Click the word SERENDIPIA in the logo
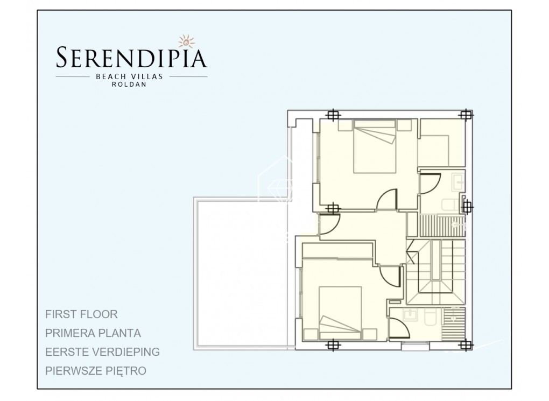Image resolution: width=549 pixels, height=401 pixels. (x=132, y=58)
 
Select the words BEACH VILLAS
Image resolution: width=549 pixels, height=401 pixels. (x=132, y=76)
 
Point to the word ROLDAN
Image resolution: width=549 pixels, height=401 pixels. (x=132, y=85)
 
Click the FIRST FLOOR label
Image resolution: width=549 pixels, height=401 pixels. (x=82, y=314)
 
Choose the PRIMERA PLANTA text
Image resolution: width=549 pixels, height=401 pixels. (x=94, y=333)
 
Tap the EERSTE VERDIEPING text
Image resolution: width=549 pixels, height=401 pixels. (x=103, y=352)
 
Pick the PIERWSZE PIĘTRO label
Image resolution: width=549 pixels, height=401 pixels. (x=96, y=371)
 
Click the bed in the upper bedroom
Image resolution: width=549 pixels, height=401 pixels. (x=375, y=146)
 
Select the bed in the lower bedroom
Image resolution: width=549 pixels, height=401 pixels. (x=340, y=313)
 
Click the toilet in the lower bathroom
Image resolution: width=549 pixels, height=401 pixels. (x=428, y=318)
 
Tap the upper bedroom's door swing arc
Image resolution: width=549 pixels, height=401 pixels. (x=388, y=200)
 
